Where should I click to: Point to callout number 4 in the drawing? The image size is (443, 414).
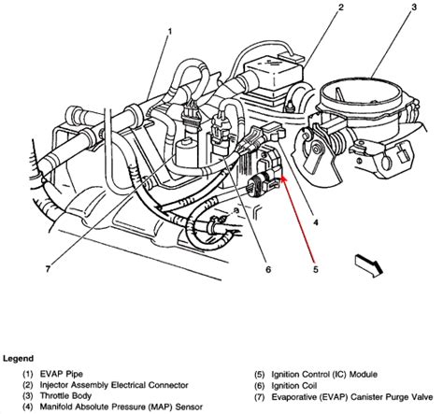[x=318, y=221]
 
